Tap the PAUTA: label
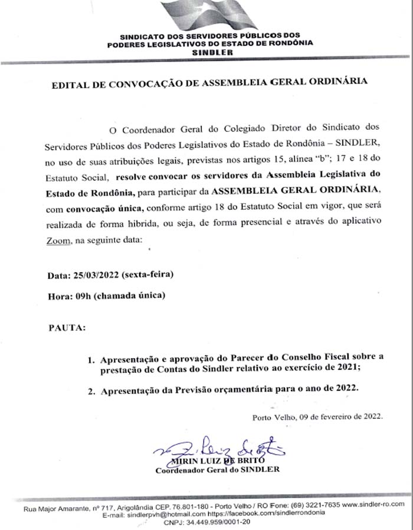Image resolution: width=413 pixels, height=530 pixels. [67, 326]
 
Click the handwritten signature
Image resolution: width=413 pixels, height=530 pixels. [218, 449]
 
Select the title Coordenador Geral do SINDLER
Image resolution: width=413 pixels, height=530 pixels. [217, 470]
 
